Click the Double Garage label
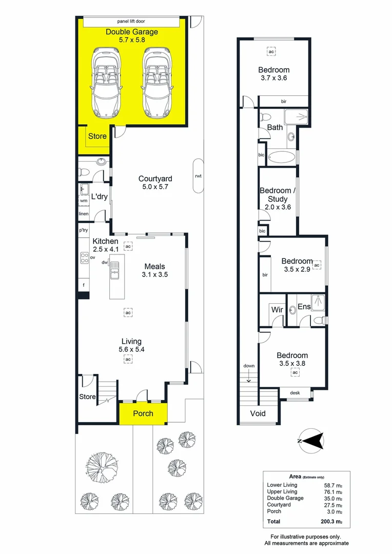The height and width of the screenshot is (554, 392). (132, 32)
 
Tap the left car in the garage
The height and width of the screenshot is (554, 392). (106, 82)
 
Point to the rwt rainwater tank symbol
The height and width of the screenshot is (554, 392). (198, 176)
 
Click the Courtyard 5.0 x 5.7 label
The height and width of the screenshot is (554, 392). (155, 183)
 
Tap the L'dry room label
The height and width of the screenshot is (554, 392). (99, 196)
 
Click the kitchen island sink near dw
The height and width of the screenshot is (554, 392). (114, 271)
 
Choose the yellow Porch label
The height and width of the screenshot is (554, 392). (143, 413)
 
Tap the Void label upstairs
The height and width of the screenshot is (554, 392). (258, 413)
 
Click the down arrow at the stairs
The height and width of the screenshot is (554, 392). (249, 379)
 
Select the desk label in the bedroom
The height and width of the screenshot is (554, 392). (295, 393)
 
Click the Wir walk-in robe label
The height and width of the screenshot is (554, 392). (277, 310)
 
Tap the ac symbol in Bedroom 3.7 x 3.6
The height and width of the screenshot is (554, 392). (271, 52)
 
